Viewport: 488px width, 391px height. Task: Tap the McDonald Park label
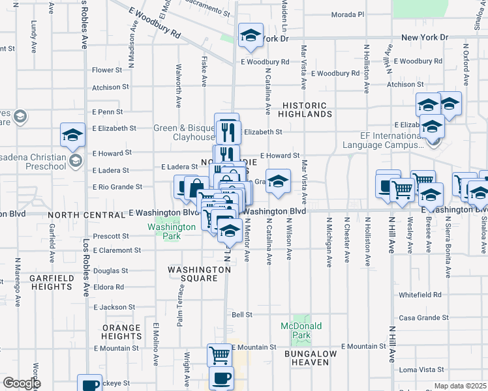click(x=297, y=330)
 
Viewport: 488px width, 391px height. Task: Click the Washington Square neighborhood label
click(x=192, y=274)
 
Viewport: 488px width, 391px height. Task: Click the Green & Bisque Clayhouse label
click(x=184, y=133)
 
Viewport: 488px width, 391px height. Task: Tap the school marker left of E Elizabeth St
click(x=72, y=135)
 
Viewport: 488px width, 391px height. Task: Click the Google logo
click(x=22, y=383)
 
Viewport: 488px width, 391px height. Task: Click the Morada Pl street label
click(x=348, y=14)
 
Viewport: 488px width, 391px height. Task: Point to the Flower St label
click(x=107, y=70)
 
